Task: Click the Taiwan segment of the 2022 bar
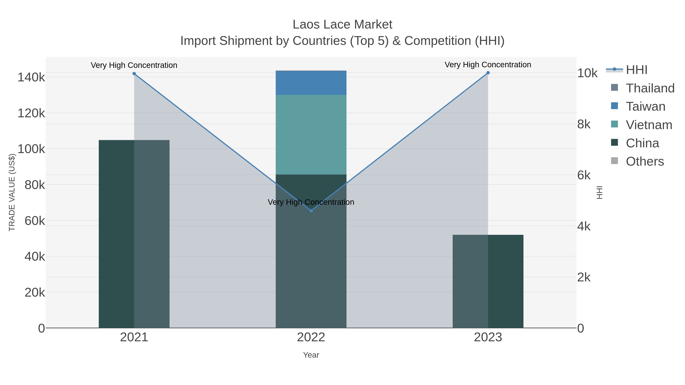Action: (311, 83)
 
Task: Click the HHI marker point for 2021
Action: (134, 74)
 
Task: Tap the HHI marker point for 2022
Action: (311, 211)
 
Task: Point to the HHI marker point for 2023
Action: (488, 73)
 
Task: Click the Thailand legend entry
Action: (650, 88)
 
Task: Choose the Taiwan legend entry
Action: (645, 106)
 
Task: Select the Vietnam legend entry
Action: (649, 125)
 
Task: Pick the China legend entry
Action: (642, 143)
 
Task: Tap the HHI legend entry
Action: (636, 70)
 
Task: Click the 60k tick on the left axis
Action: (35, 221)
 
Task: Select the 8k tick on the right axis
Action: (584, 124)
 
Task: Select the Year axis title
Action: (311, 355)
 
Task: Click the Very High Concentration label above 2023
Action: (488, 65)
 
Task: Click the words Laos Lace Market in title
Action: (342, 25)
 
